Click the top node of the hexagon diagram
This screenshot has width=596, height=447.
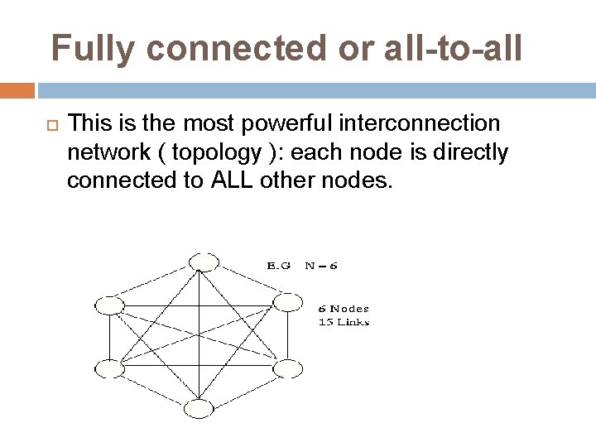(203, 262)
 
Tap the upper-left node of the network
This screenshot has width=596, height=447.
(109, 305)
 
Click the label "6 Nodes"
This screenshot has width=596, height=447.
(344, 309)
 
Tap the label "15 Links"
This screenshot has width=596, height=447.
(344, 322)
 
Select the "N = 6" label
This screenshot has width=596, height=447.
(320, 266)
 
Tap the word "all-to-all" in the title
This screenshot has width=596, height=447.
(453, 49)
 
